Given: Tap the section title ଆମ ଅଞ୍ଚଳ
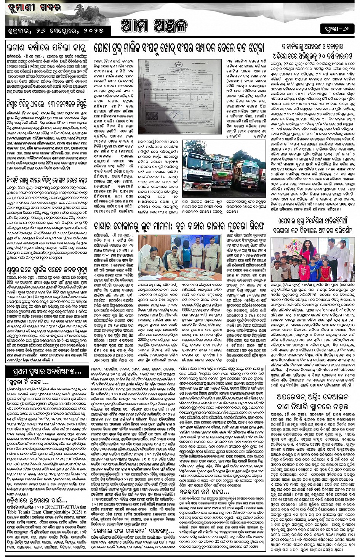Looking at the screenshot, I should pyautogui.click(x=154, y=26).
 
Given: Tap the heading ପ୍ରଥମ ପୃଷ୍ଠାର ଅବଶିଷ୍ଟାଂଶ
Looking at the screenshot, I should pyautogui.click(x=44, y=371).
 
